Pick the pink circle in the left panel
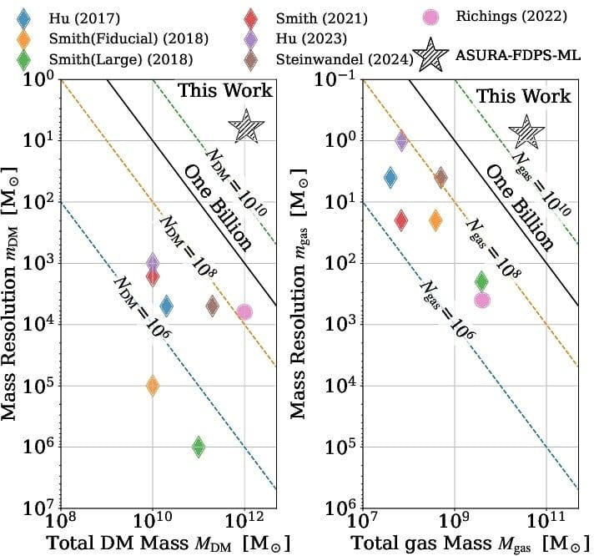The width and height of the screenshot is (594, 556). [244, 311]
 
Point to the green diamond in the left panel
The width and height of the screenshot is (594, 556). [199, 447]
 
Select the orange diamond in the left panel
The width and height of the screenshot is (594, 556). [153, 385]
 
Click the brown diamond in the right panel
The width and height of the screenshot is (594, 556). [440, 177]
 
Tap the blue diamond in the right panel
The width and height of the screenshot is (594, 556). [390, 177]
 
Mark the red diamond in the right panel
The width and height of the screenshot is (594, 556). [401, 220]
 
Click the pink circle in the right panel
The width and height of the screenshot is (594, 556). [482, 300]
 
